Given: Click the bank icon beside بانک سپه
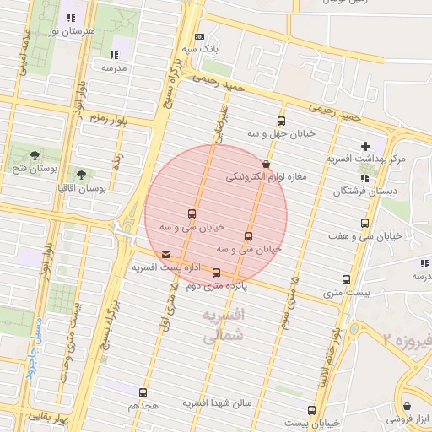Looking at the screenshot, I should (199, 37).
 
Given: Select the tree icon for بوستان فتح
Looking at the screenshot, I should (35, 155).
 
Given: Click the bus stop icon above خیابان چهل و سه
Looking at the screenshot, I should (281, 121).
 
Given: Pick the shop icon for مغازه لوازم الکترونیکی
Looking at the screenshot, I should (267, 165).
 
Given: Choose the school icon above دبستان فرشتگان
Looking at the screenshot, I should (364, 178).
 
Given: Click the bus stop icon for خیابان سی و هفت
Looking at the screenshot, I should (364, 223).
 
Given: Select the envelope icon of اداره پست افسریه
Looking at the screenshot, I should (165, 255).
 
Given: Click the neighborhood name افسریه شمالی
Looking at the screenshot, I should (223, 325).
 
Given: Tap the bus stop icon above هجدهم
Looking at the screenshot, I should (142, 392).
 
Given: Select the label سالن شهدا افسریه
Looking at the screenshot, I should (219, 404).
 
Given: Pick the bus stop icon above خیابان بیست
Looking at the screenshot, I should (312, 410).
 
